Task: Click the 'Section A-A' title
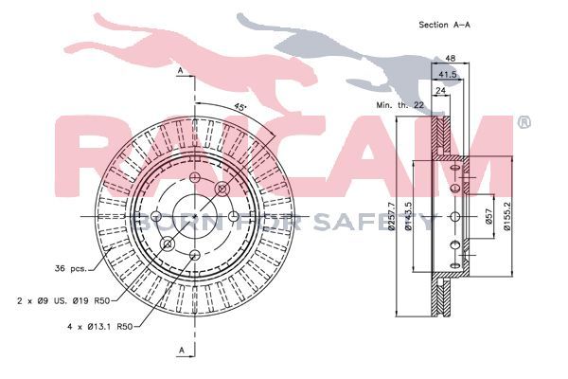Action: pos(445,25)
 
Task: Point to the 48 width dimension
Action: pos(451,58)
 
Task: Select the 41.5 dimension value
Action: pos(448,75)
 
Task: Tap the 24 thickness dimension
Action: pos(440,90)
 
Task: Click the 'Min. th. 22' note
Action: pos(399,105)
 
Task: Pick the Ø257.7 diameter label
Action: pos(391,217)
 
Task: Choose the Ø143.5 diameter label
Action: pos(408,216)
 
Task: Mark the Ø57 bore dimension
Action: pos(488,217)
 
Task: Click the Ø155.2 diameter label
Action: pos(507,216)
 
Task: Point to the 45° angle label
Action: pos(240,107)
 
